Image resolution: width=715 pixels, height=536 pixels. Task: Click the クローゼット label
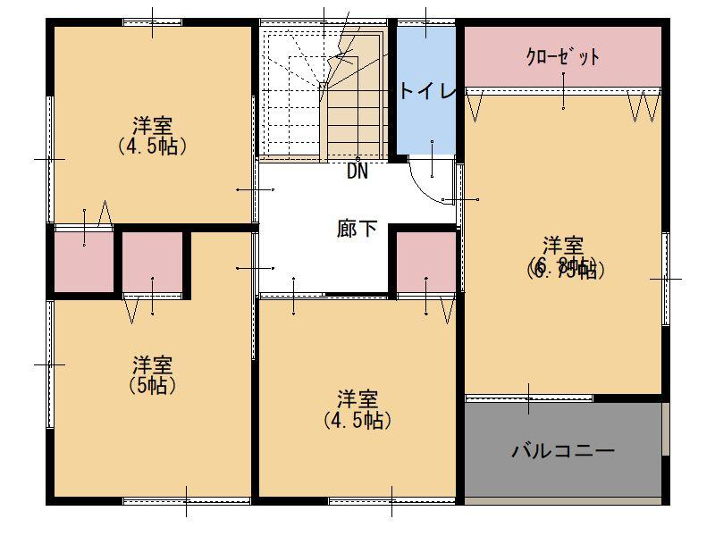pos(563,57)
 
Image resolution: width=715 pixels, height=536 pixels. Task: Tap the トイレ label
pos(428,92)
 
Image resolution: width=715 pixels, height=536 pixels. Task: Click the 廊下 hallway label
pos(357,229)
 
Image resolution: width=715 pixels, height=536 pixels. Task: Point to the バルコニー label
pos(563,450)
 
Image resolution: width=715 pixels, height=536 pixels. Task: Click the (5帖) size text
pos(152,385)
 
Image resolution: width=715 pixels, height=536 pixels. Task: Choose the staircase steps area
pos(322,94)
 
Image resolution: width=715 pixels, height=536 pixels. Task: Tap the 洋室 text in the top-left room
pos(153,125)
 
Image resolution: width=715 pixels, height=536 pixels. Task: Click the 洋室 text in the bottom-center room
pos(357,399)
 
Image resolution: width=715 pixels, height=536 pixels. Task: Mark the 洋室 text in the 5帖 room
pos(152,365)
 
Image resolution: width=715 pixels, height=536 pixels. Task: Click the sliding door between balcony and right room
pos(529,398)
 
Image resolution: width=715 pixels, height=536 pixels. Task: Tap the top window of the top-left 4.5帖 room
pos(152,22)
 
